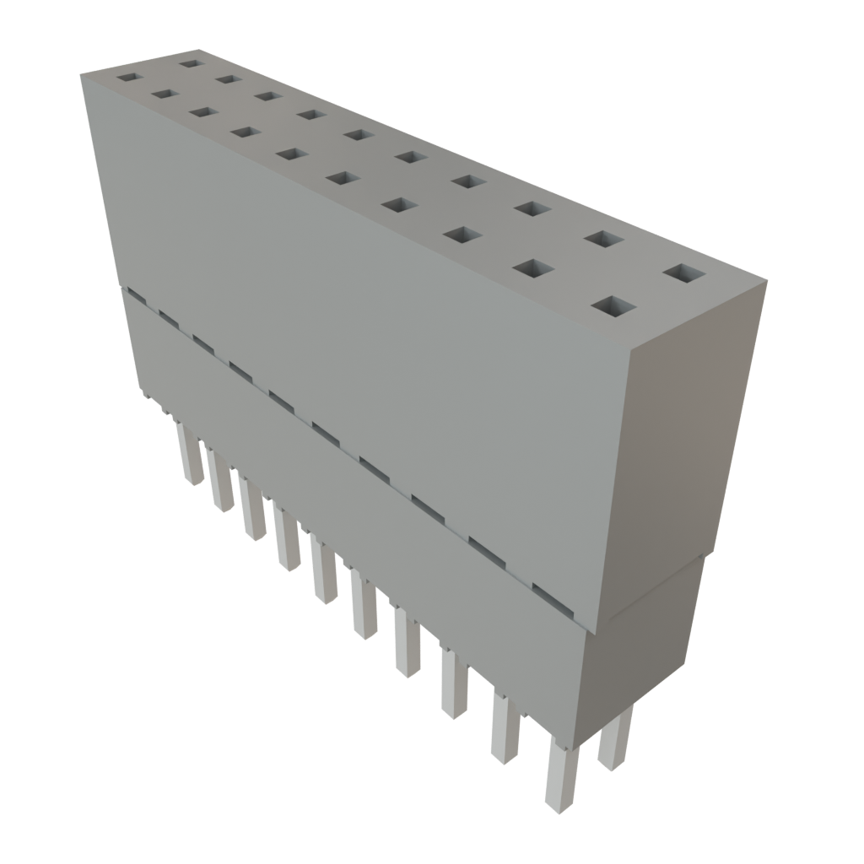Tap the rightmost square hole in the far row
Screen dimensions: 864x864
(684, 274)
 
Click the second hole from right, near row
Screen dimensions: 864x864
(532, 268)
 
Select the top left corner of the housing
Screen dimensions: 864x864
(82, 74)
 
